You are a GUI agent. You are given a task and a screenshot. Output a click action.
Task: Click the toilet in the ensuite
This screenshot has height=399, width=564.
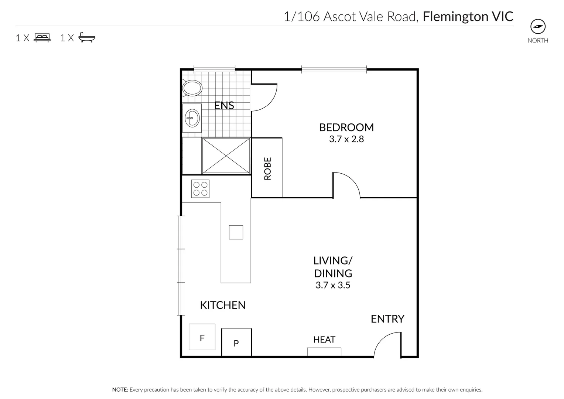pos(192,88)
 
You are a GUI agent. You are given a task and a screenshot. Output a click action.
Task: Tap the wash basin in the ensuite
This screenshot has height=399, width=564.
pos(192,118)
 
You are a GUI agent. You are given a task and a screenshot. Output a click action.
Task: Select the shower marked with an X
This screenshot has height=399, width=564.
pos(226,156)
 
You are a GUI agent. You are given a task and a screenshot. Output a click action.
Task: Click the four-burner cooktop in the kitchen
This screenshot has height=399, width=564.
pos(200,188)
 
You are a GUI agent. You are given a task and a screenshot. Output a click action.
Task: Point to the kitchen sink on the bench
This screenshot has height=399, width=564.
pos(236,232)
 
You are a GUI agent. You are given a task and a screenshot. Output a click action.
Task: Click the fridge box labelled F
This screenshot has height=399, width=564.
pos(202,337)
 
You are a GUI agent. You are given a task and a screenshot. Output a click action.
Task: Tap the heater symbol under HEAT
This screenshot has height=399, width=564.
pos(324,351)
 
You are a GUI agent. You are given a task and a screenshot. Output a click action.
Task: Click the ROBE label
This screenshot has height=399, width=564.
pos(268,168)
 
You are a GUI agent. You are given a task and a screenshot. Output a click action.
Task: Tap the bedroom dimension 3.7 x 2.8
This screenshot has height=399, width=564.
pos(346,139)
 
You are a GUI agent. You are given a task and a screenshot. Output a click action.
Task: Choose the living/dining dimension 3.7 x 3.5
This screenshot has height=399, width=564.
pos(333,285)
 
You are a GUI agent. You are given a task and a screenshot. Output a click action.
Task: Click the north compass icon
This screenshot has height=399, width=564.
pos(538,27)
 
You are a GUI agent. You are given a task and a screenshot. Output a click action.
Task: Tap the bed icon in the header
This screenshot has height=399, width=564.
pos(42,38)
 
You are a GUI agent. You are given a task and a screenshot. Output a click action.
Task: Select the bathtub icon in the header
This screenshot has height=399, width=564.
pos(87,38)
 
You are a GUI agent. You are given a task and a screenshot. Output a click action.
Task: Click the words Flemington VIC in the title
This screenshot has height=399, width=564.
pos(468,17)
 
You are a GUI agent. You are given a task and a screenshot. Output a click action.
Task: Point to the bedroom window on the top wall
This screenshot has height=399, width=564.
pos(334,69)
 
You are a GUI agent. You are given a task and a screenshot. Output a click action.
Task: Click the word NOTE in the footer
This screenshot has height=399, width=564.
pos(120,389)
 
